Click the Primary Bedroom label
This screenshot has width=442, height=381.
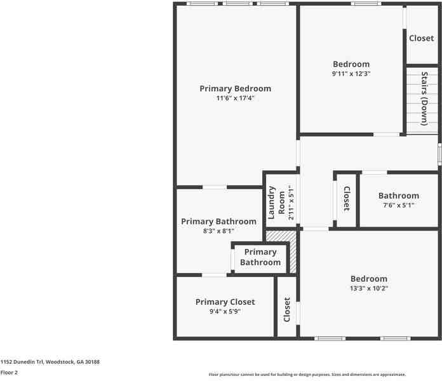(x=235, y=88)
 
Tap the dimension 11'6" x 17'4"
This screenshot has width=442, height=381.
(x=235, y=98)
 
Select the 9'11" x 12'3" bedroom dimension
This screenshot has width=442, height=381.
(x=351, y=74)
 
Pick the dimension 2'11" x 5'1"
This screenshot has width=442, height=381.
(x=291, y=203)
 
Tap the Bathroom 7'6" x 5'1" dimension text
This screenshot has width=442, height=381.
(x=399, y=206)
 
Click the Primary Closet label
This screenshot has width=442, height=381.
(x=225, y=302)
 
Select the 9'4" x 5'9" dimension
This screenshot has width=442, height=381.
(x=225, y=312)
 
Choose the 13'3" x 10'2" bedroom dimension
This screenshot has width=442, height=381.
(x=368, y=288)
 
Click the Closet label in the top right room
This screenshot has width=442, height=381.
(x=421, y=38)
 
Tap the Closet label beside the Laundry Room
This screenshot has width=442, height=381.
(x=347, y=199)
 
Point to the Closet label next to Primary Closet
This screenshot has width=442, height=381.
(x=287, y=309)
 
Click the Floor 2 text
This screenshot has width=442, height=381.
(x=9, y=373)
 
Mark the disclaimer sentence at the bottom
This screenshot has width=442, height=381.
(x=307, y=375)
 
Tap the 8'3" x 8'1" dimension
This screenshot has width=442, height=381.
(x=218, y=231)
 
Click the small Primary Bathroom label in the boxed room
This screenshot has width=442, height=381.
(x=260, y=257)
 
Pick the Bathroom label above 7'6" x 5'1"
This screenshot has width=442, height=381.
(x=399, y=196)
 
